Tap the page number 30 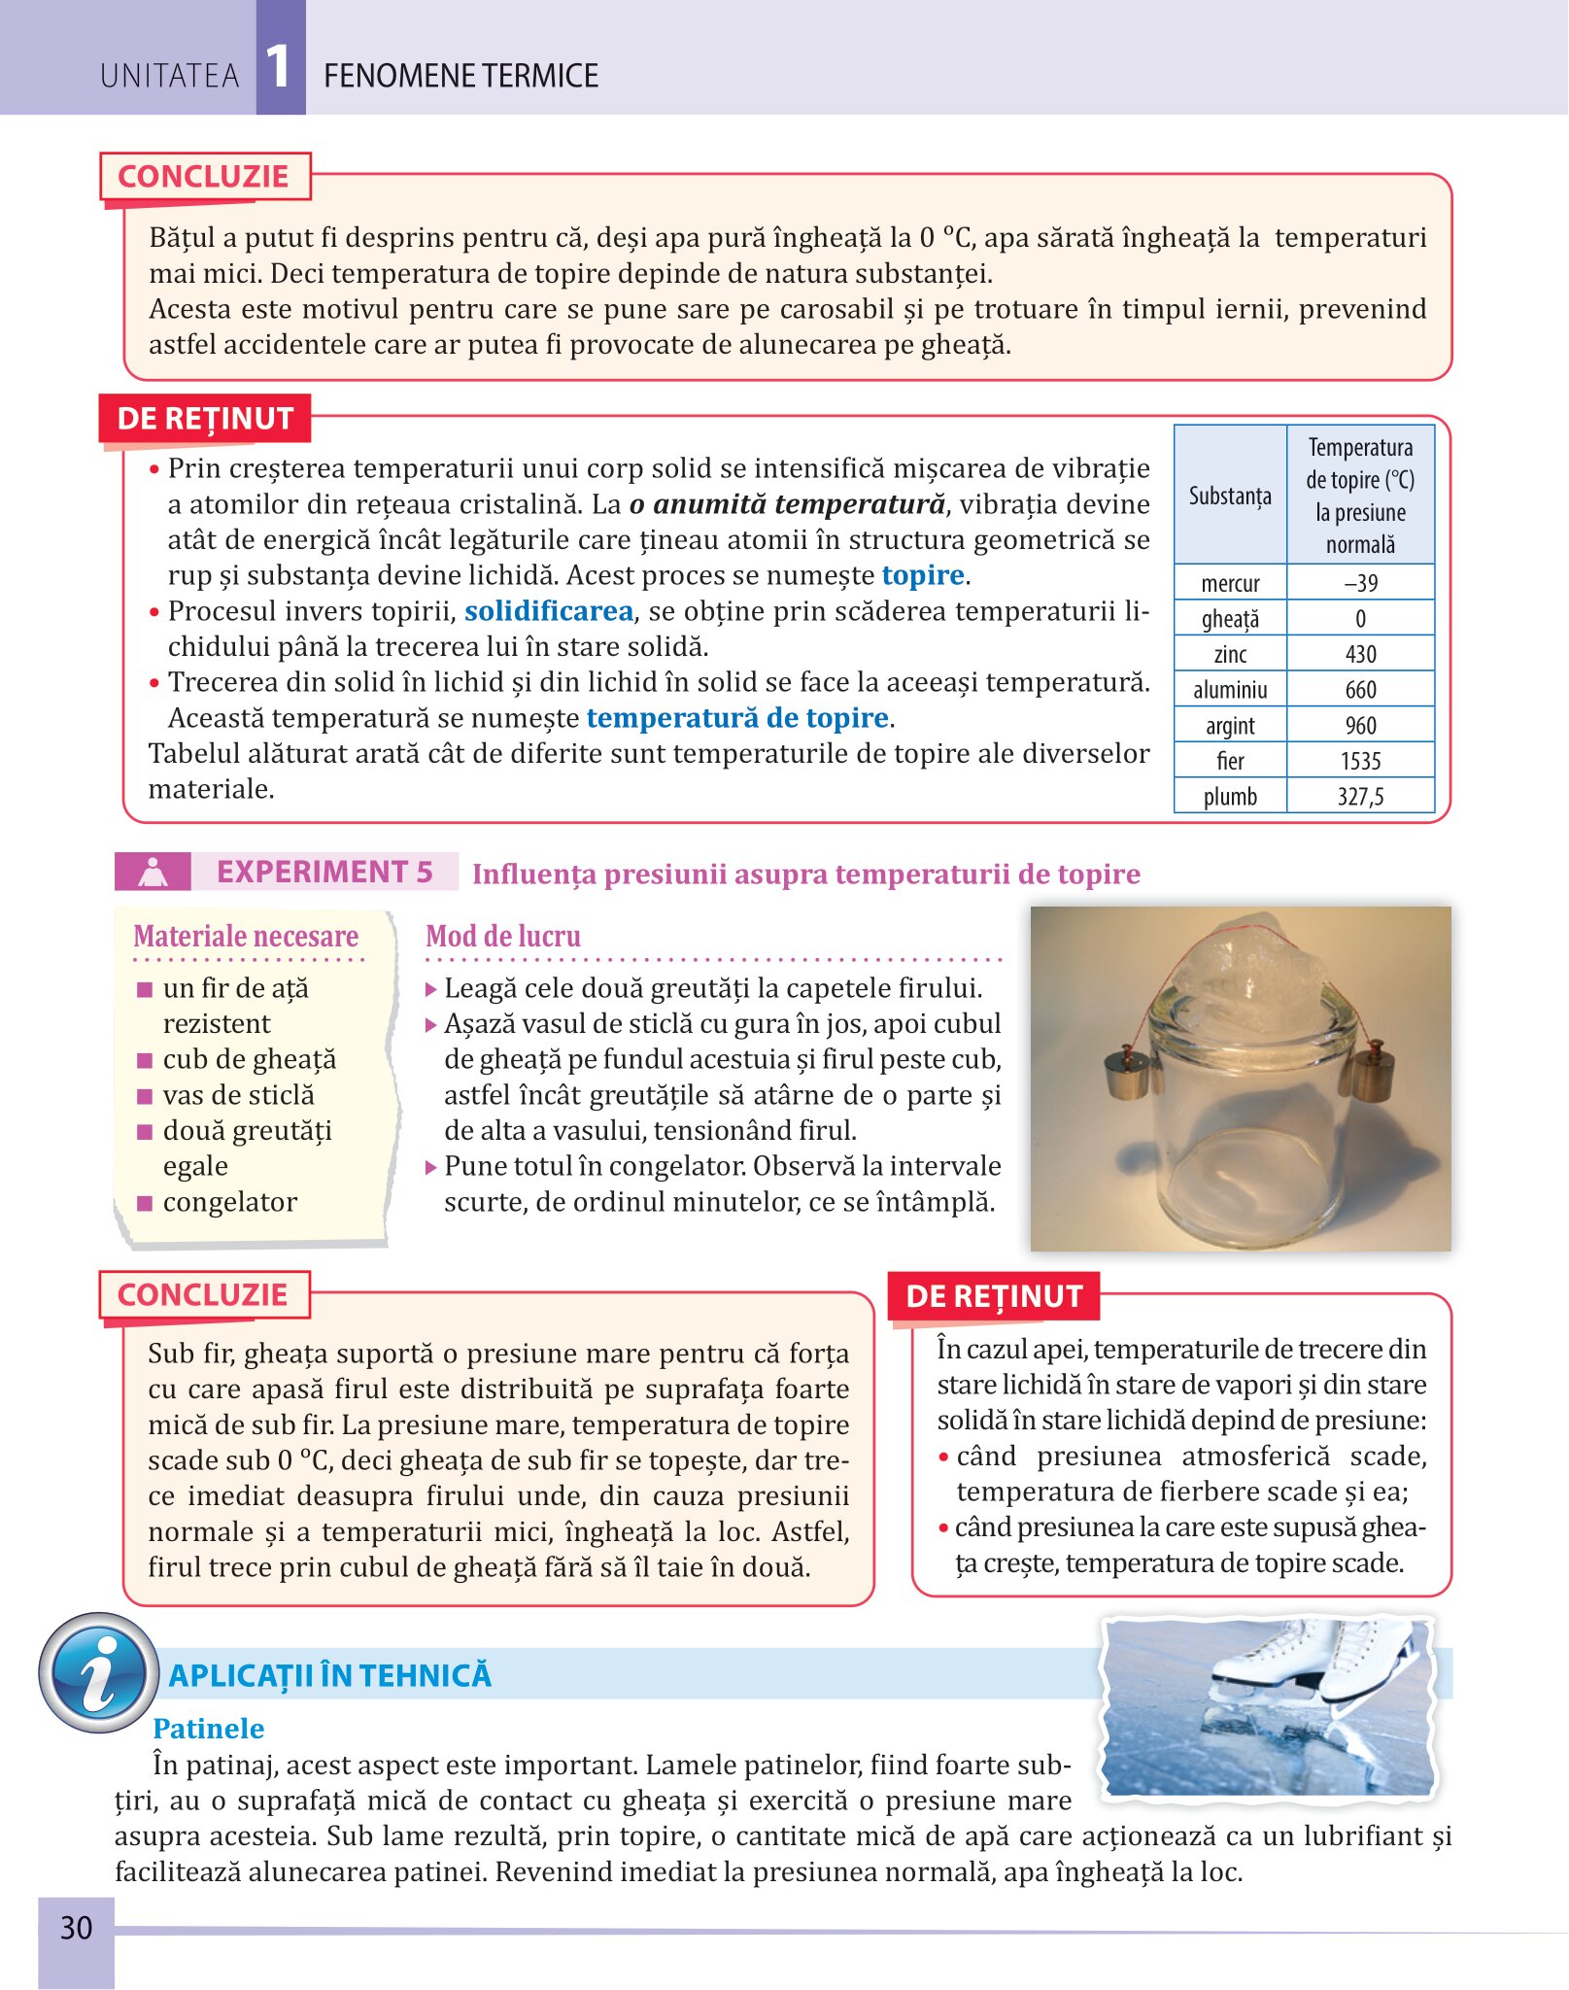coord(76,1928)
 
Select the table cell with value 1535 coord(1360,761)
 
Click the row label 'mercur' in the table coord(1230,583)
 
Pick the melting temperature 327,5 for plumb coord(1360,797)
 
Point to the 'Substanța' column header coord(1230,496)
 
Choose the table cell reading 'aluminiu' coord(1230,690)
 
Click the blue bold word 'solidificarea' coord(548,611)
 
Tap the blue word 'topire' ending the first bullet coord(923,575)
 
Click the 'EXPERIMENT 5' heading coord(324,872)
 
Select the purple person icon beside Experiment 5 coord(153,872)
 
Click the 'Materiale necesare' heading coord(246,936)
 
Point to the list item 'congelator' coord(230,1202)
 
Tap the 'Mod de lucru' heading coord(503,936)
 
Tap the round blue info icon coord(98,1672)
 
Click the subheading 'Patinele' coord(208,1729)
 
